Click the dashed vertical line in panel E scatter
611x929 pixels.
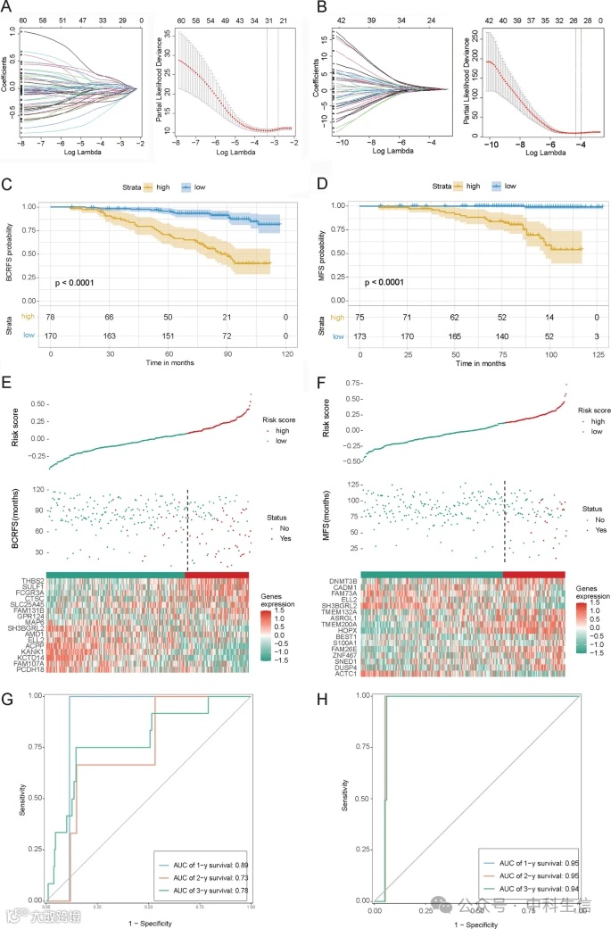pos(188,527)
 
